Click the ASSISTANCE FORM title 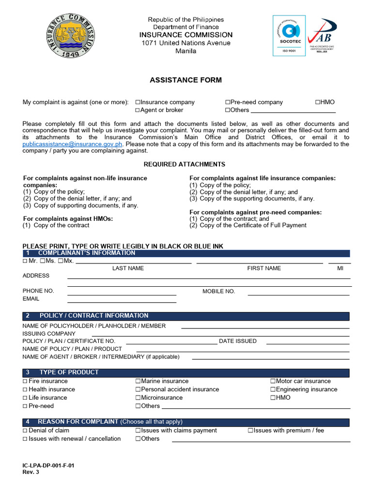coord(186,80)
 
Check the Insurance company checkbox coord(138,102)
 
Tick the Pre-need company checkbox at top coord(227,102)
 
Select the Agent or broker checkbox coord(138,110)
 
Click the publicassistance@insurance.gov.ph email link coord(73,144)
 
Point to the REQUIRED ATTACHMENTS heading coord(184,164)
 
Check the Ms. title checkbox coord(43,261)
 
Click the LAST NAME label coord(128,268)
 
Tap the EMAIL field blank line coord(122,303)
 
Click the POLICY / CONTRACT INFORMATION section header coord(94,316)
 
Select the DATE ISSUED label coord(238,341)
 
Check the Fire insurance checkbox coord(25,381)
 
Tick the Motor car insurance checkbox coord(273,381)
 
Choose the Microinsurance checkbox coord(138,398)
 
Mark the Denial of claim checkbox coord(25,431)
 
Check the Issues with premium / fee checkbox coord(250,431)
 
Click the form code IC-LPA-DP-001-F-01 coord(48,465)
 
